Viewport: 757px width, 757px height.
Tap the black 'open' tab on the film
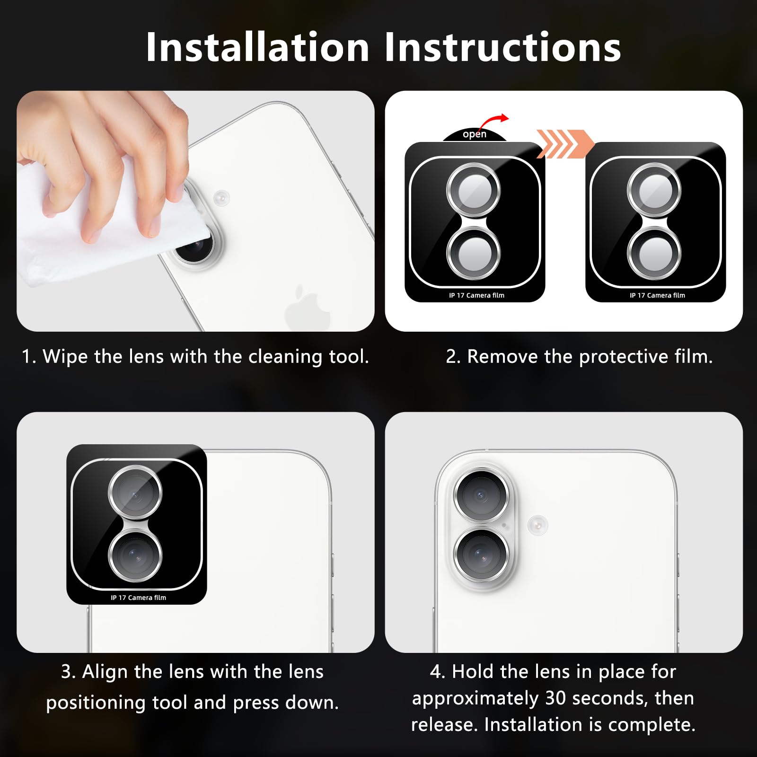475,135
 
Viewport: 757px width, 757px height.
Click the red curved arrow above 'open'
494,122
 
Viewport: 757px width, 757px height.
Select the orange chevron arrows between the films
565,143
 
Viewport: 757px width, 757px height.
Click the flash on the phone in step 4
537,525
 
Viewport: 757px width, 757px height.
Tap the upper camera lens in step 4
481,495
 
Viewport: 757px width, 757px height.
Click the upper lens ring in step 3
135,493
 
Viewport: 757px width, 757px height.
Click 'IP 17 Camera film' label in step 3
139,598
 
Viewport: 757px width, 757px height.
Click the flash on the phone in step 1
221,197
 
